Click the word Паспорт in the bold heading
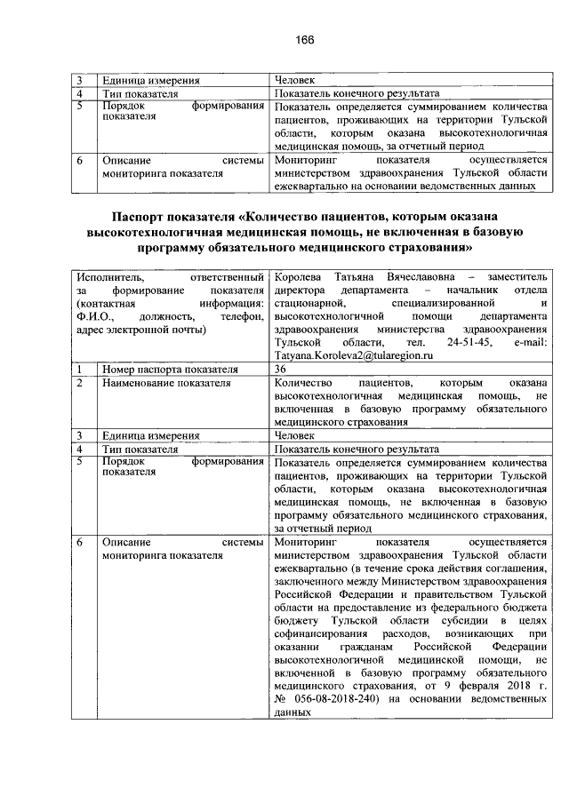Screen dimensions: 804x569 pyautogui.click(x=143, y=216)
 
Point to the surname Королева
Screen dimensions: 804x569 pyautogui.click(x=301, y=278)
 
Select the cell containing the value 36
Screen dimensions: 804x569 pyautogui.click(x=281, y=368)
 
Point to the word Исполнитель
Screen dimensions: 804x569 pyautogui.click(x=110, y=278)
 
